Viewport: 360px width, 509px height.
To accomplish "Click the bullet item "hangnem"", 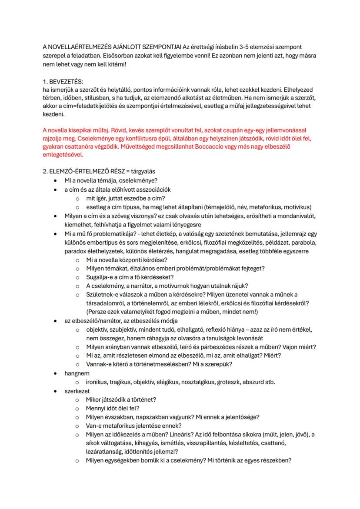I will [77, 373].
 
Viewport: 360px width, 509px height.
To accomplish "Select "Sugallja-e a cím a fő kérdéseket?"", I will [130, 277].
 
